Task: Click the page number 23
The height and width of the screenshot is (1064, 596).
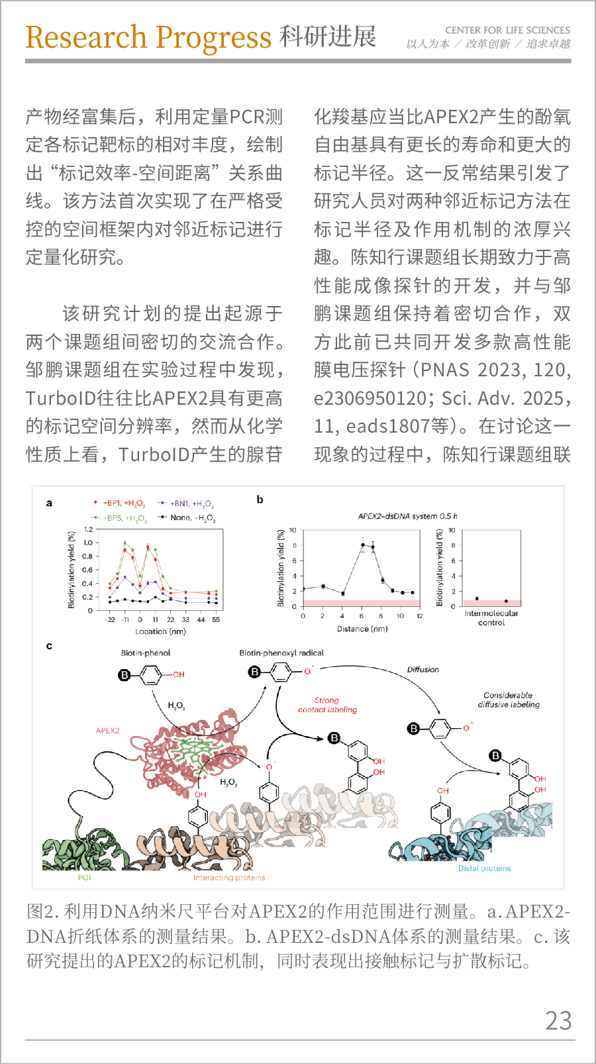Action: [558, 1020]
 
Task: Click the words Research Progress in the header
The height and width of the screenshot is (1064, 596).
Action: [148, 38]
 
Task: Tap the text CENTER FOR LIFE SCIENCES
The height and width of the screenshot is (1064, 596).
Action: [508, 30]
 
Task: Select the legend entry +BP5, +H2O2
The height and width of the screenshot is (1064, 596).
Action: [119, 518]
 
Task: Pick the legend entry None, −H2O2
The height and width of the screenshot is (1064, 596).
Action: [187, 517]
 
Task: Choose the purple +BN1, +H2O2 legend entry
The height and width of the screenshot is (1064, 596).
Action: [186, 504]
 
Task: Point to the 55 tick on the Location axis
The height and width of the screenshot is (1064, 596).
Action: [216, 619]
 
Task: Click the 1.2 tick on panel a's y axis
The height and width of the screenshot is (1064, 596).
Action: [88, 529]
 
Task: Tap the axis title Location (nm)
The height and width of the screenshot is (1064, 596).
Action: [160, 631]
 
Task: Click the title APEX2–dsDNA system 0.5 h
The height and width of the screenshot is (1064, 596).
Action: [407, 516]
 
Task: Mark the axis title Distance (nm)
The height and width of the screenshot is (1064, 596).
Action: [362, 629]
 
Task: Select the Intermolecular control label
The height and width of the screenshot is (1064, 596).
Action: [491, 618]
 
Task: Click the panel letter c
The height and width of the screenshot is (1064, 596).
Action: [49, 646]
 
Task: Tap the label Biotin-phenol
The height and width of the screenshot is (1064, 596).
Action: [145, 653]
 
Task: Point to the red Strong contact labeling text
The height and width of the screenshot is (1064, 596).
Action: [327, 705]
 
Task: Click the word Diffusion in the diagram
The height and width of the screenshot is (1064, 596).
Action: [422, 669]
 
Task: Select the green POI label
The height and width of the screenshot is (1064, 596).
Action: [84, 877]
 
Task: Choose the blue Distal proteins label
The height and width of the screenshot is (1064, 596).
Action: [484, 869]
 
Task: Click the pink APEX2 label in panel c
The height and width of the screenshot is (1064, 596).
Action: [108, 731]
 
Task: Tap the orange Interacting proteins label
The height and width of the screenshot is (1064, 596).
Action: [229, 878]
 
